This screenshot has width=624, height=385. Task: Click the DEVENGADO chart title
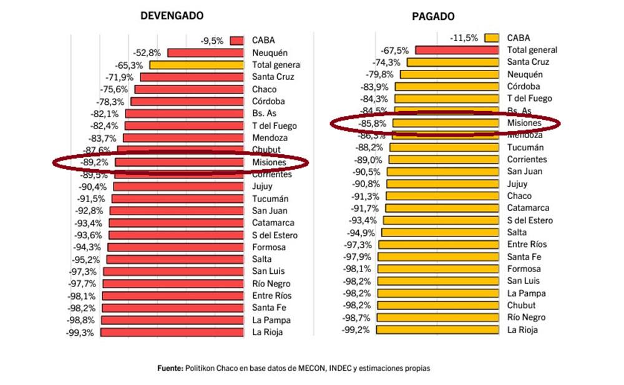point(172,16)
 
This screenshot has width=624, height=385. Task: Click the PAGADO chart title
point(433,16)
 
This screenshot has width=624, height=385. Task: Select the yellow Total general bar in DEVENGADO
point(197,65)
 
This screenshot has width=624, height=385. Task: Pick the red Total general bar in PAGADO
point(456,50)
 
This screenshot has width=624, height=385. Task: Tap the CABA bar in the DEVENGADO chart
point(236,41)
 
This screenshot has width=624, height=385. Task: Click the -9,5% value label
point(212,41)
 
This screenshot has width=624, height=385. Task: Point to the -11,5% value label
point(464,38)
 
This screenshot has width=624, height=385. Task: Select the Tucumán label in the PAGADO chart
point(525,147)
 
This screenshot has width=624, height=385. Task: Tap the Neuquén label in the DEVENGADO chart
point(270,53)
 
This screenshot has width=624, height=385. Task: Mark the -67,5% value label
point(395,50)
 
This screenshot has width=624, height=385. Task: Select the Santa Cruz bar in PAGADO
point(453,62)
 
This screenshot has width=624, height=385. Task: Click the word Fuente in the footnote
point(170,368)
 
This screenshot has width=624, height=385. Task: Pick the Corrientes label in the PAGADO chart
point(527,160)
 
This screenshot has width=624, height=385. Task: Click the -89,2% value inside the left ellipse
point(94,162)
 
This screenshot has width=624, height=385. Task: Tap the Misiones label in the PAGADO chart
point(524,124)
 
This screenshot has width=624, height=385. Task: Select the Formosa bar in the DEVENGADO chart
point(175,247)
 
